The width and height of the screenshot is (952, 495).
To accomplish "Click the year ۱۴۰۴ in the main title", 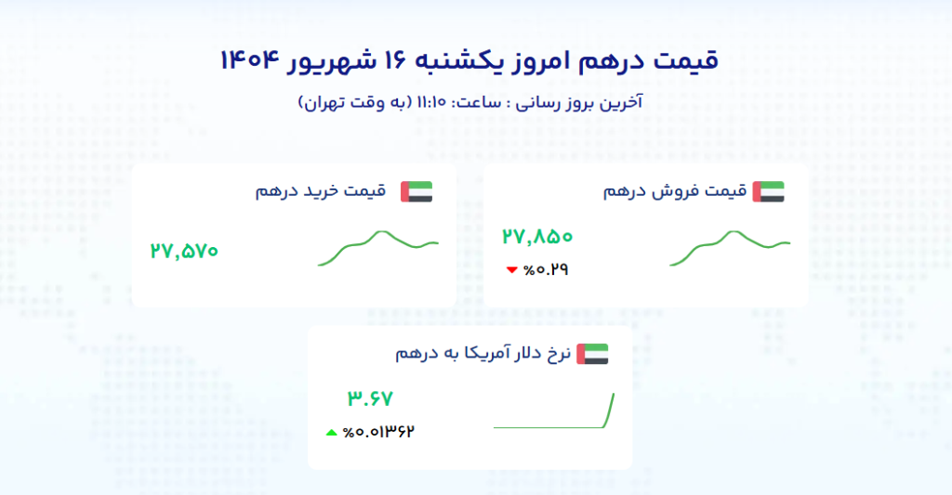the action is (249, 60).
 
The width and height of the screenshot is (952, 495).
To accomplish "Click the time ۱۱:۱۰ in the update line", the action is (431, 102).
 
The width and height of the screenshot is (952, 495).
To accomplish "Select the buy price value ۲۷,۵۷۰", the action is (184, 251).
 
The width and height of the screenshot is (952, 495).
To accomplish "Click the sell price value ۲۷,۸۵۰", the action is (537, 237).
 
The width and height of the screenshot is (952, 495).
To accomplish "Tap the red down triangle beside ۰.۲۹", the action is (512, 270).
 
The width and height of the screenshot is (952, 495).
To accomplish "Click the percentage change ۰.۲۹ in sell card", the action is (546, 270).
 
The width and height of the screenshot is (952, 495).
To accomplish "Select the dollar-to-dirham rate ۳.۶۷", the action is (370, 398).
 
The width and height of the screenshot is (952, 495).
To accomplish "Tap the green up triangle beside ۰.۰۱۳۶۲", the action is (332, 433).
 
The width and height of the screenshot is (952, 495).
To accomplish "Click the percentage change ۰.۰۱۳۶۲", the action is (378, 432).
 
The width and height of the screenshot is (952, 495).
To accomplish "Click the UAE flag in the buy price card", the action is (416, 191).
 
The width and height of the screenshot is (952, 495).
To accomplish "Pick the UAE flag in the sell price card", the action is (769, 191).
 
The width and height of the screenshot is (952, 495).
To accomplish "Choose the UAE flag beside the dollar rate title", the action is (592, 354).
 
